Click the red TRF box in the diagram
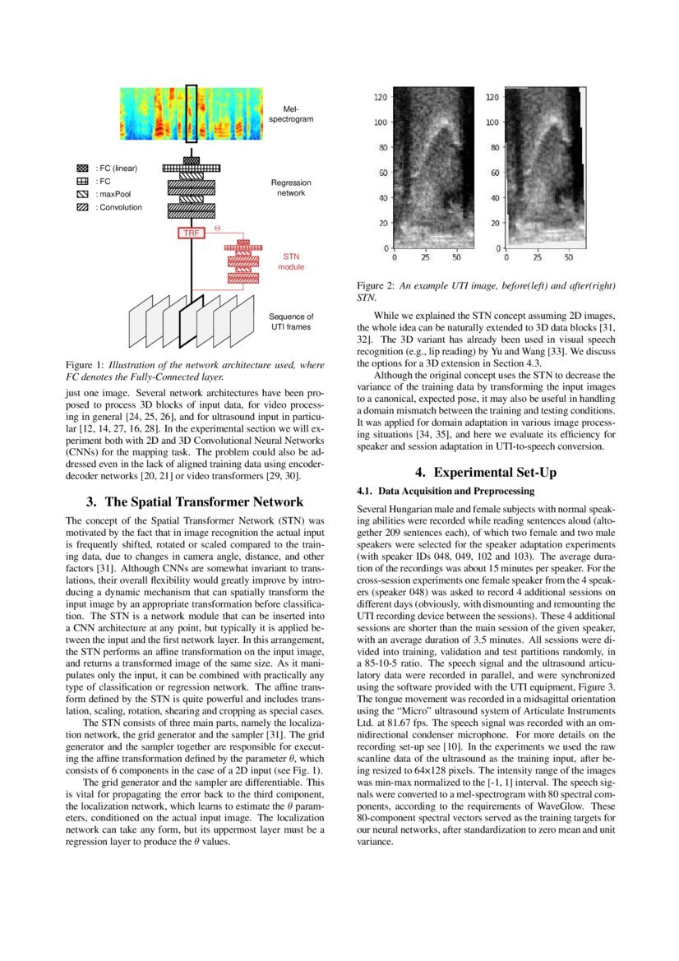click(x=191, y=233)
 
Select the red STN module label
click(x=290, y=261)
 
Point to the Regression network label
click(x=288, y=187)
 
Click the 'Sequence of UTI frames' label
click(x=291, y=321)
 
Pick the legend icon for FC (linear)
click(x=82, y=169)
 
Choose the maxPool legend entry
click(x=108, y=194)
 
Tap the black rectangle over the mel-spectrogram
click(x=191, y=113)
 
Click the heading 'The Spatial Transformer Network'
click(x=195, y=501)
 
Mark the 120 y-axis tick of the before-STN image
click(x=381, y=97)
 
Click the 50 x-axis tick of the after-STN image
click(x=568, y=257)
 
